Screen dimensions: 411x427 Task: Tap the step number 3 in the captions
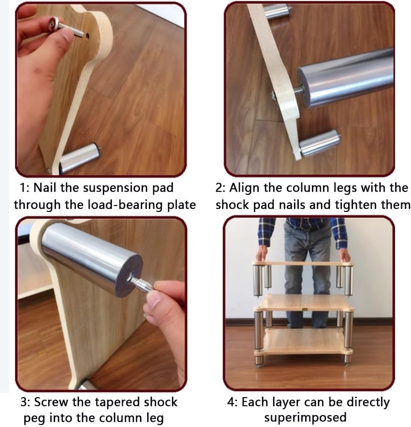(x=23, y=402)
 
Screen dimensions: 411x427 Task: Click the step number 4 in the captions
(x=231, y=402)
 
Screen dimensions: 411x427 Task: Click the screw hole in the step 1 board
(x=87, y=36)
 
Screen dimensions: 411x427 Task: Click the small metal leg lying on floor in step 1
(x=79, y=158)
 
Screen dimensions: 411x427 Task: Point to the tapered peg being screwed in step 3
(x=140, y=284)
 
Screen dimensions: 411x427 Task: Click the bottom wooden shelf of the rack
(x=303, y=341)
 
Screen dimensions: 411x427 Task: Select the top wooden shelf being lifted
(x=303, y=263)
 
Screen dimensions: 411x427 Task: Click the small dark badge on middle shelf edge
(x=305, y=309)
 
